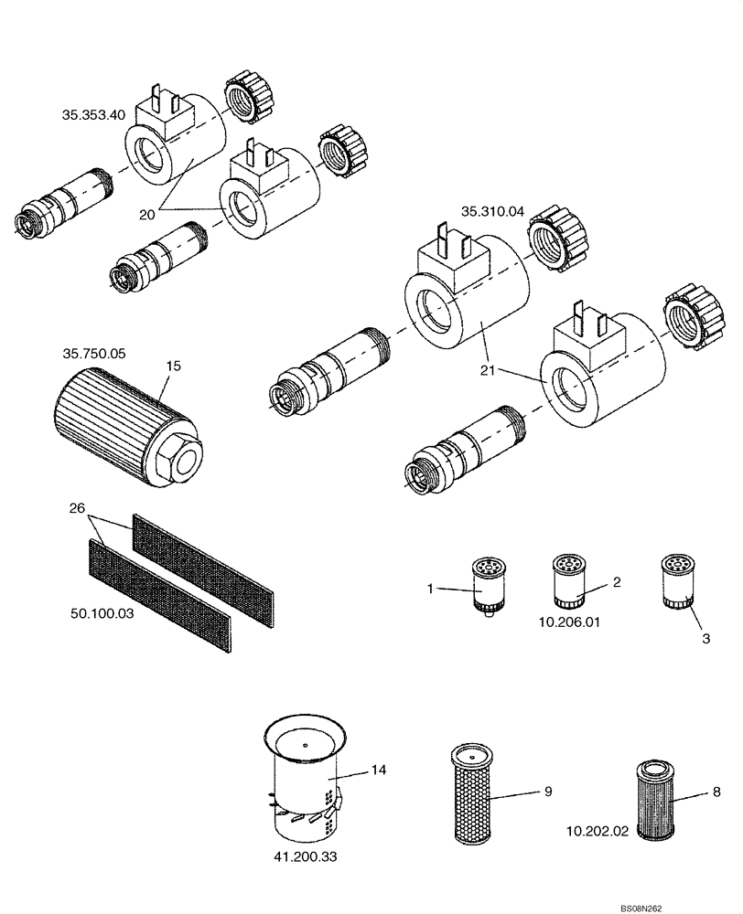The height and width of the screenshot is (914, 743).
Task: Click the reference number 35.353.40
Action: tap(92, 115)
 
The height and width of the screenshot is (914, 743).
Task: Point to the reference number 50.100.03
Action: tap(103, 613)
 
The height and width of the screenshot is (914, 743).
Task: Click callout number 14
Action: tap(379, 771)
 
